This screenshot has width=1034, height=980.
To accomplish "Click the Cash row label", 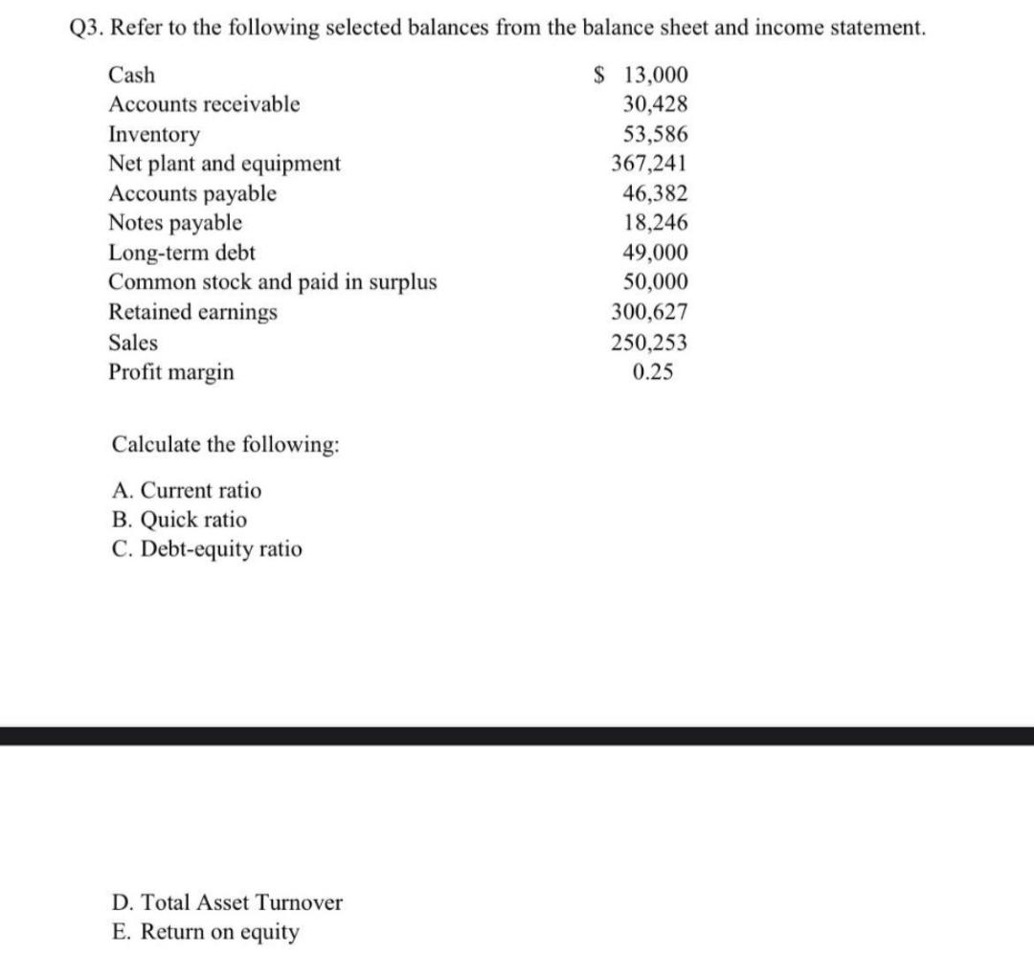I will pyautogui.click(x=132, y=75).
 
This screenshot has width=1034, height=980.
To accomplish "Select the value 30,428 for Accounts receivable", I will pyautogui.click(x=655, y=104).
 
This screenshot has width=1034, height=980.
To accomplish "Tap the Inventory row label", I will pyautogui.click(x=155, y=134).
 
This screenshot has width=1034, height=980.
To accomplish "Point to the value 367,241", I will pyautogui.click(x=649, y=164).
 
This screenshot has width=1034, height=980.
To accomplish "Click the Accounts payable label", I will pyautogui.click(x=192, y=193).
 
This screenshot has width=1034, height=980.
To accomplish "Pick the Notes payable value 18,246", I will pyautogui.click(x=655, y=223).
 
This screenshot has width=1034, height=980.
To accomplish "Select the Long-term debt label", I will pyautogui.click(x=182, y=253).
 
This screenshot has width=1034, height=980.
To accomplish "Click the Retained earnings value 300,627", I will pyautogui.click(x=649, y=312).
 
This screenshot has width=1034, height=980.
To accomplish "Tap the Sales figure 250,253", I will pyautogui.click(x=649, y=343).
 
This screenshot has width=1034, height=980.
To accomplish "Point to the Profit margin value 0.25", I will pyautogui.click(x=653, y=372).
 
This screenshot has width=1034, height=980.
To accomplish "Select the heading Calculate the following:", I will pyautogui.click(x=225, y=445).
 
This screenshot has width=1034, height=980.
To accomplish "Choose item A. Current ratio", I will pyautogui.click(x=187, y=491).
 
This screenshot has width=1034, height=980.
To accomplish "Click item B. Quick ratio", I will pyautogui.click(x=179, y=520).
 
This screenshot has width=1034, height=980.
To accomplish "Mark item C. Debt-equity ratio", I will pyautogui.click(x=207, y=549).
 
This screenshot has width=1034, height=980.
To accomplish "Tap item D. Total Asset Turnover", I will pyautogui.click(x=227, y=902).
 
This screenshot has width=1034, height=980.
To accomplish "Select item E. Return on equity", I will pyautogui.click(x=205, y=931).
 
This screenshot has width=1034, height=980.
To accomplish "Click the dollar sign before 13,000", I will pyautogui.click(x=600, y=75).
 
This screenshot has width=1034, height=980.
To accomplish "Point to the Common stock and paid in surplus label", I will pyautogui.click(x=273, y=282).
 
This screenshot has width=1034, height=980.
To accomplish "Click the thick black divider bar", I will pyautogui.click(x=517, y=735).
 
